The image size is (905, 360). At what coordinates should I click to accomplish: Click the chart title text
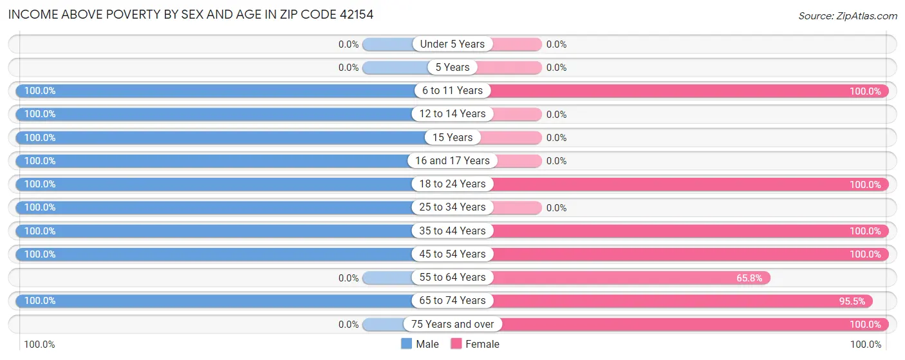point(191,14)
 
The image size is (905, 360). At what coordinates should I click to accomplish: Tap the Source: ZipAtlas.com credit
point(847,15)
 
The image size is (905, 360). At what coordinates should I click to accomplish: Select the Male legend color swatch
point(406,344)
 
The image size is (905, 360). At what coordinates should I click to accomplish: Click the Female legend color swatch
point(456,344)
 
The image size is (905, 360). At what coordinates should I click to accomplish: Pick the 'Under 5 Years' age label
point(452,44)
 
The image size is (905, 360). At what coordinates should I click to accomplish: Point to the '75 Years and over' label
point(452,324)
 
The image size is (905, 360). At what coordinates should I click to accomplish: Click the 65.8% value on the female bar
point(749,278)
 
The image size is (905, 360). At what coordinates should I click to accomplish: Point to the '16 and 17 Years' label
point(452,160)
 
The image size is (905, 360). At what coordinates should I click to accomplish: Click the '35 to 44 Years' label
point(452,231)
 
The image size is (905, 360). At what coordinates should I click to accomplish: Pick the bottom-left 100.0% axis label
point(40,345)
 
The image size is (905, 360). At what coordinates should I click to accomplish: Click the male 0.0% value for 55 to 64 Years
point(348,278)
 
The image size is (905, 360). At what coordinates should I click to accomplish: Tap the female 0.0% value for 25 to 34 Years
point(556,208)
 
